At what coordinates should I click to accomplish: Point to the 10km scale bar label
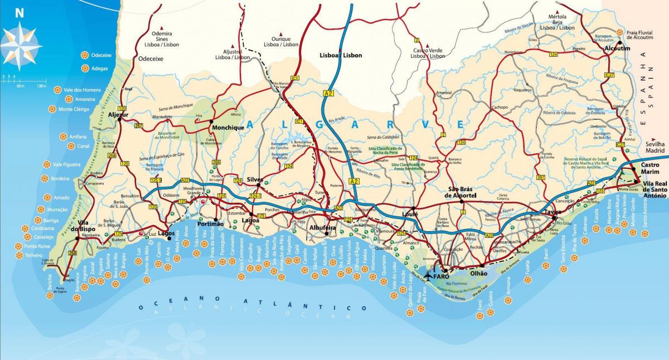41,86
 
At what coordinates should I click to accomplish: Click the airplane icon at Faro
429,275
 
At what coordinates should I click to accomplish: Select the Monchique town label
229,128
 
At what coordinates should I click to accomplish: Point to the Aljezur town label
118,115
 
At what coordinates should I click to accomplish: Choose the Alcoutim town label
617,49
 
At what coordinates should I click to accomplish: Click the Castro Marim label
650,169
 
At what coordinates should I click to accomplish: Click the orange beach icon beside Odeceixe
85,55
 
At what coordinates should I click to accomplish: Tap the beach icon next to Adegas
85,69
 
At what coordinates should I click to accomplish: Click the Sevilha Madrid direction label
656,147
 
